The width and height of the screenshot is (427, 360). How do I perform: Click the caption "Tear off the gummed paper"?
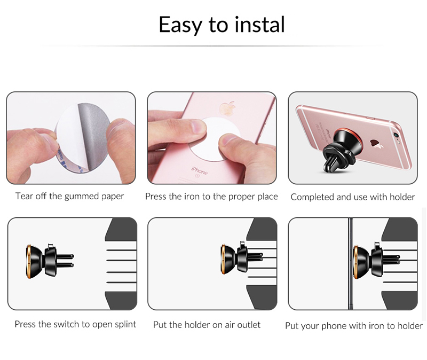[x=69, y=196]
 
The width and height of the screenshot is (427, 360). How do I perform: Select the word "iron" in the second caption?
[x=192, y=197]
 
